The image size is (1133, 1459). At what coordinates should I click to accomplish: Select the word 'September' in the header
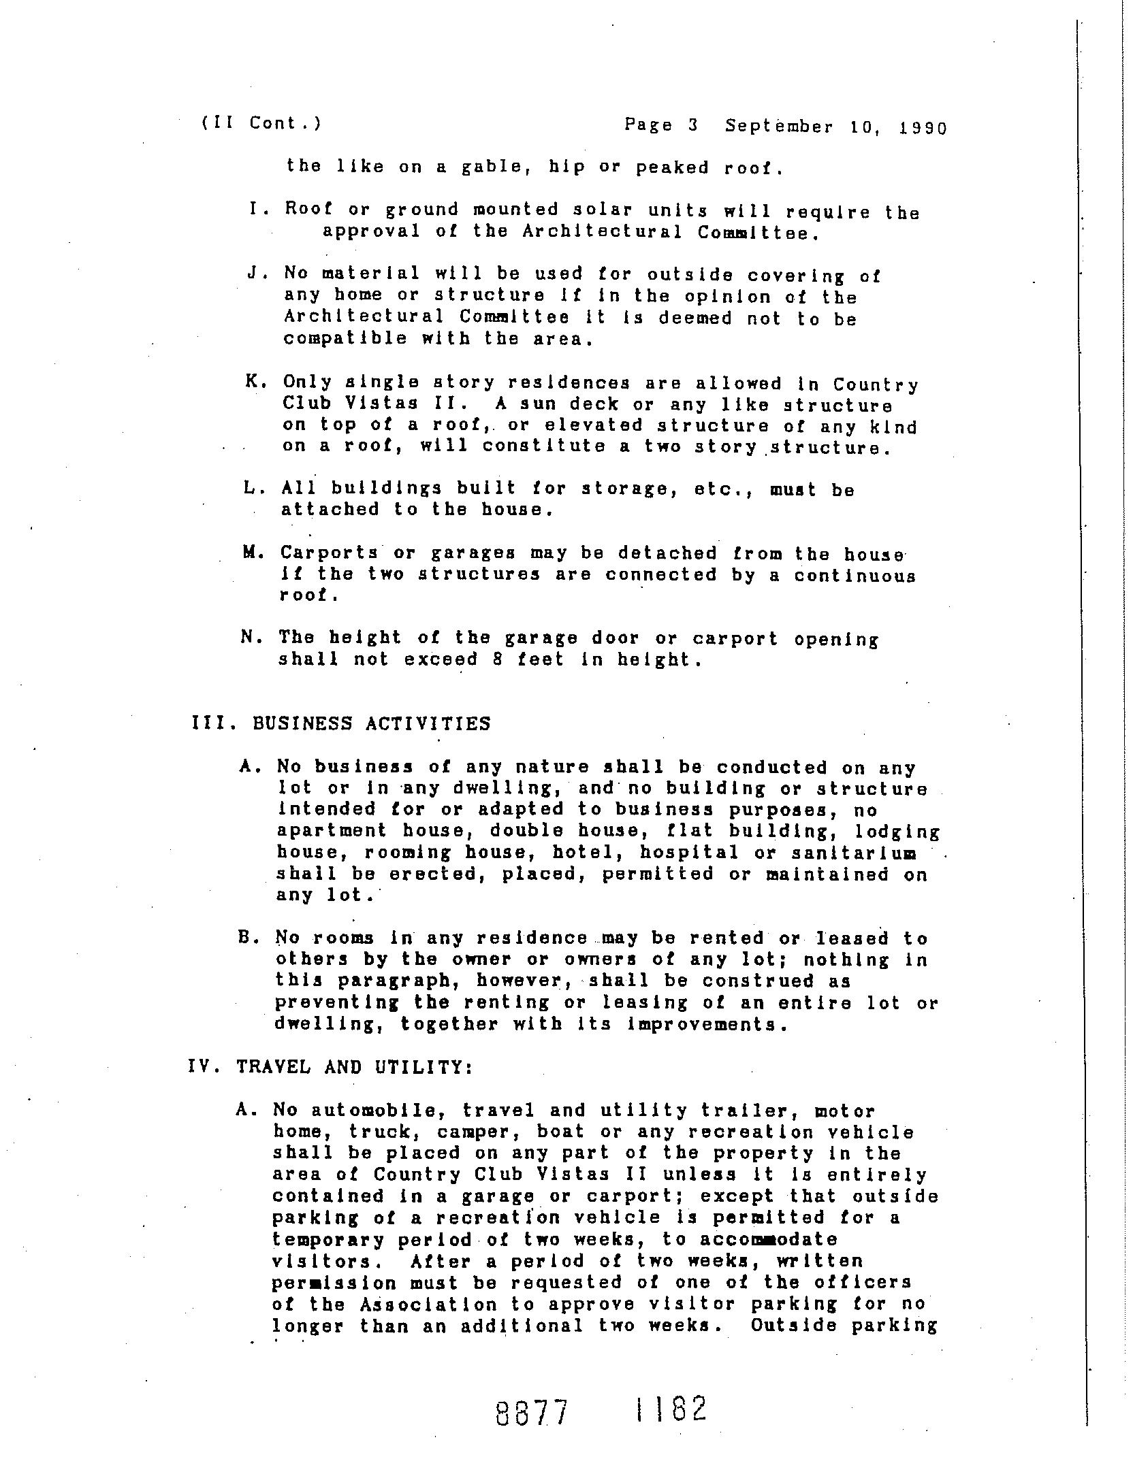pyautogui.click(x=778, y=127)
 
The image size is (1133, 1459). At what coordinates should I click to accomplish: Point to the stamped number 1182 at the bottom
pyautogui.click(x=670, y=1408)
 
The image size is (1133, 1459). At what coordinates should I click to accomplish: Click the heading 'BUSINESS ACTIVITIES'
pyautogui.click(x=371, y=723)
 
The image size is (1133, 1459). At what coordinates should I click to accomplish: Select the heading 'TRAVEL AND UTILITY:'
pyautogui.click(x=355, y=1067)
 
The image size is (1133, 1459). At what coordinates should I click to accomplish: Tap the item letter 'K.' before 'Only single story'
pyautogui.click(x=255, y=382)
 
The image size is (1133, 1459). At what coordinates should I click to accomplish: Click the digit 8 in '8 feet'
pyautogui.click(x=497, y=659)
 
